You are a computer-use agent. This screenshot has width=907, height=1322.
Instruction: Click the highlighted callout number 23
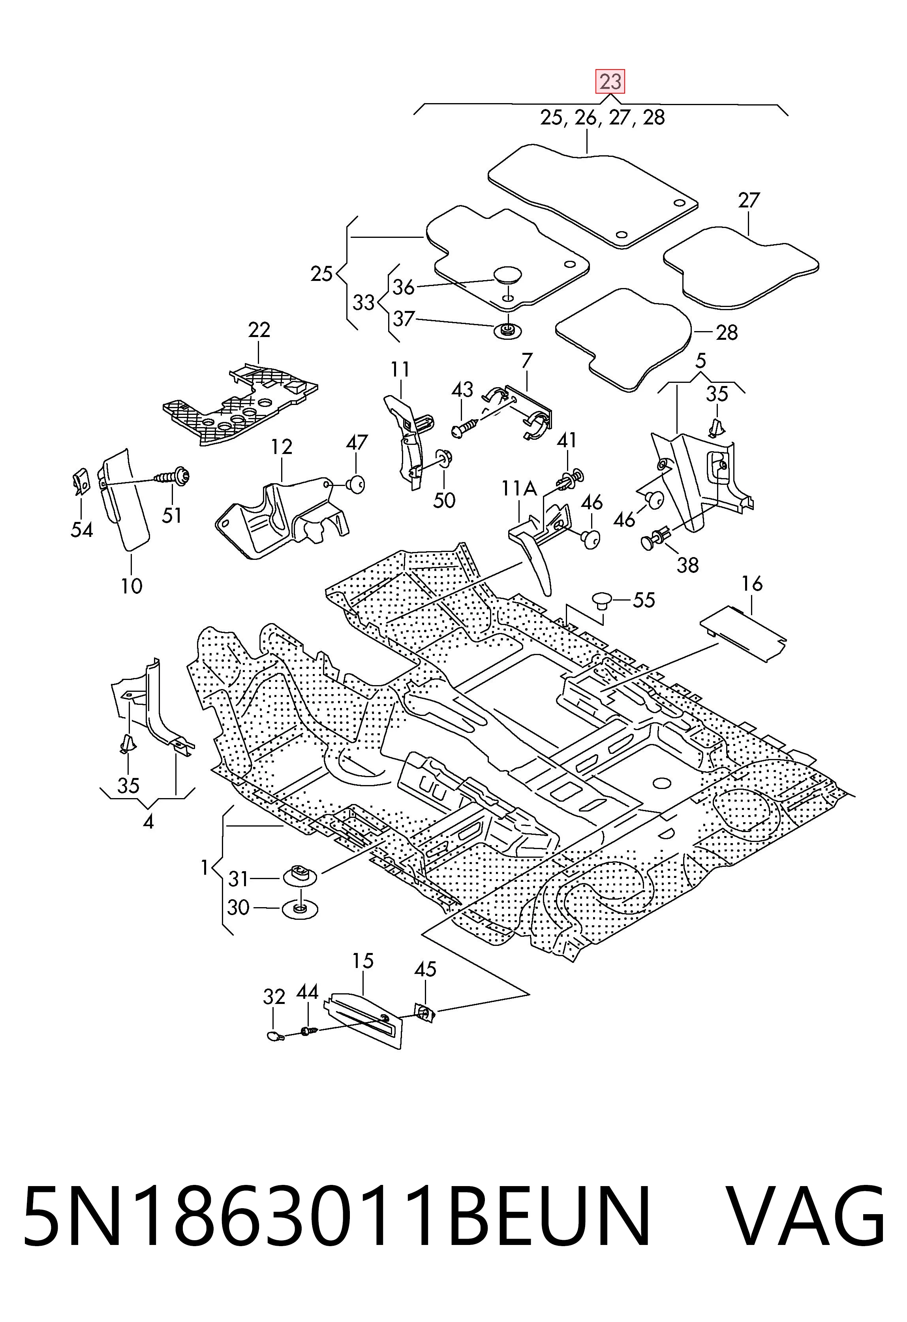tap(610, 81)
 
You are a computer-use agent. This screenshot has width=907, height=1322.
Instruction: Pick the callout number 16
tap(752, 583)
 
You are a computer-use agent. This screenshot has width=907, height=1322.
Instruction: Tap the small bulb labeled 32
tap(275, 1035)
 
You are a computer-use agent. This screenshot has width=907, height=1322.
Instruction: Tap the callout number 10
tap(131, 586)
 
